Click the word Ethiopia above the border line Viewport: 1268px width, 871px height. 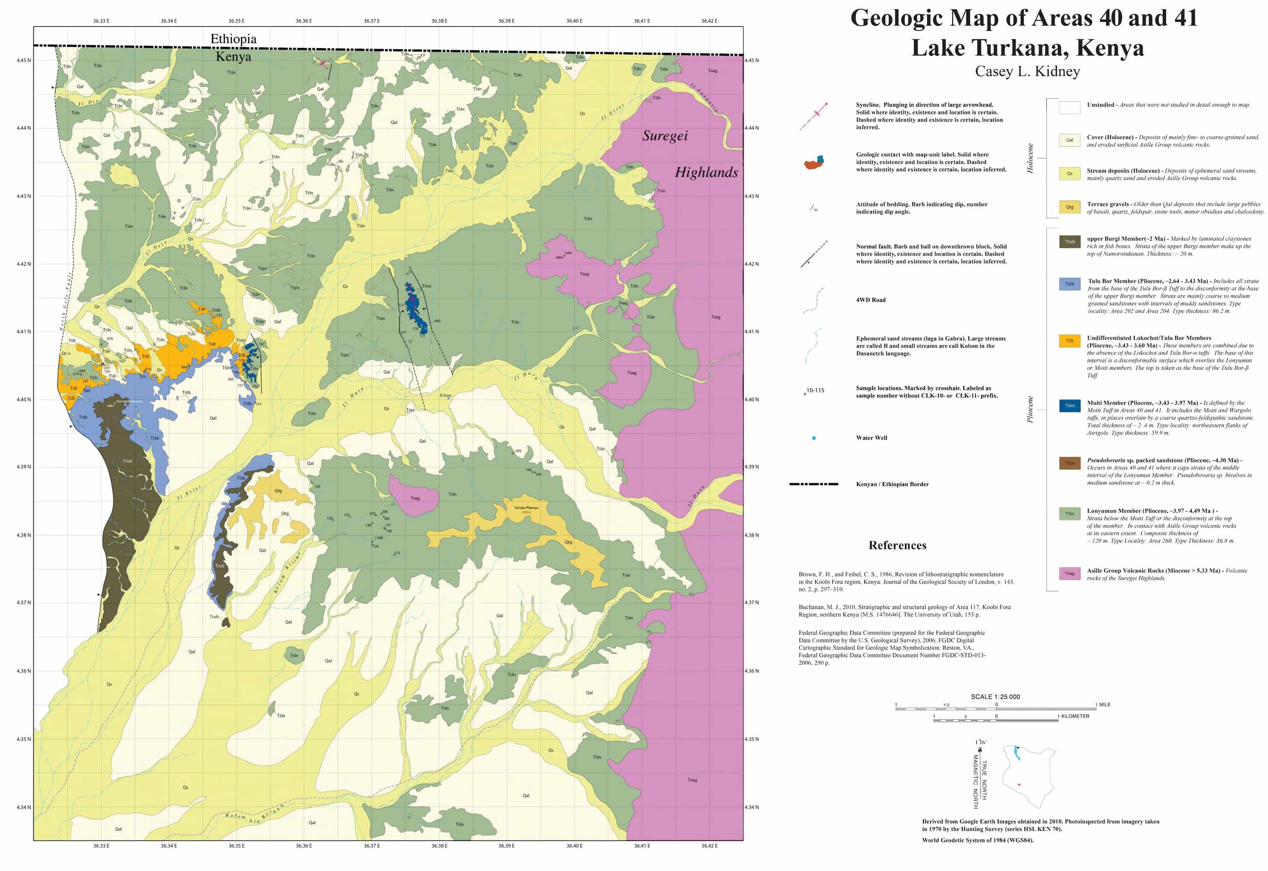(233, 39)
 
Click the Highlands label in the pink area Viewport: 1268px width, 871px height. (706, 173)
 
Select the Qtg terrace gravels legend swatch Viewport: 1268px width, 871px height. (1069, 207)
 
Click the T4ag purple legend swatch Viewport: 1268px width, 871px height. (1069, 574)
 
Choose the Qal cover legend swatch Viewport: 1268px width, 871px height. (1069, 140)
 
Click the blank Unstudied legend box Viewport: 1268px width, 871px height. (1069, 108)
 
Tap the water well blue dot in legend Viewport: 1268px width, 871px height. (813, 438)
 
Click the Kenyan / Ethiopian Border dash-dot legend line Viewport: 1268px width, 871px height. (813, 484)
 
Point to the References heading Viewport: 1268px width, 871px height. (897, 545)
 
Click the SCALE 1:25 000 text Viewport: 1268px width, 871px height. (995, 697)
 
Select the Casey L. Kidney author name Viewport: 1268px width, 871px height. (1027, 72)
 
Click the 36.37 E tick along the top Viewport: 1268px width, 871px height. (371, 21)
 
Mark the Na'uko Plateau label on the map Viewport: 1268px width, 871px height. (525, 508)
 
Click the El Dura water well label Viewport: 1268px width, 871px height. (445, 395)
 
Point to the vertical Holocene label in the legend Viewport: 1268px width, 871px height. (1030, 158)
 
